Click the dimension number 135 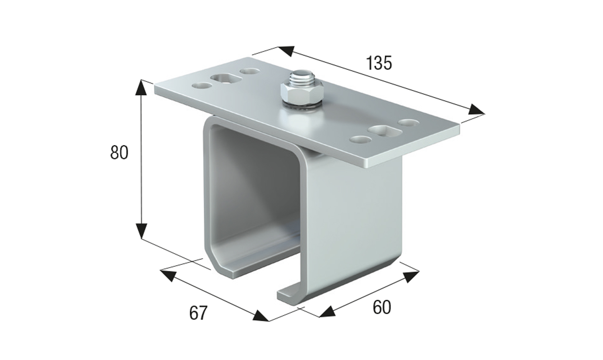pyautogui.click(x=379, y=63)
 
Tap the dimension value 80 pyautogui.click(x=119, y=153)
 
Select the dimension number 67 pyautogui.click(x=198, y=313)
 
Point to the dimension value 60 pyautogui.click(x=381, y=307)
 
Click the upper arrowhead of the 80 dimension pyautogui.click(x=141, y=87)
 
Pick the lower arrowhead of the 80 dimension pyautogui.click(x=141, y=231)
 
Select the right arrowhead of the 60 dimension pyautogui.click(x=411, y=276)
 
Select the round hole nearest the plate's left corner pyautogui.click(x=202, y=86)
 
